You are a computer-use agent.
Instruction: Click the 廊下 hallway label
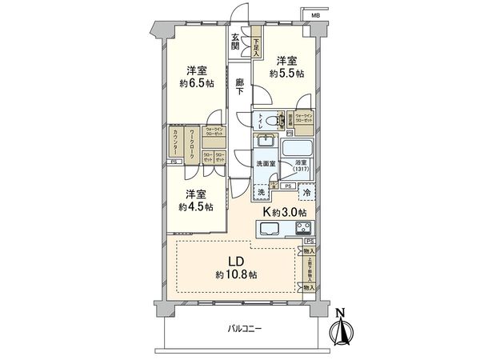240,86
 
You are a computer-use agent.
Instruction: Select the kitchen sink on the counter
269,229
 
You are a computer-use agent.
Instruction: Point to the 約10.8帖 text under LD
236,274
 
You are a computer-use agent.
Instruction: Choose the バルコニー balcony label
244,328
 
